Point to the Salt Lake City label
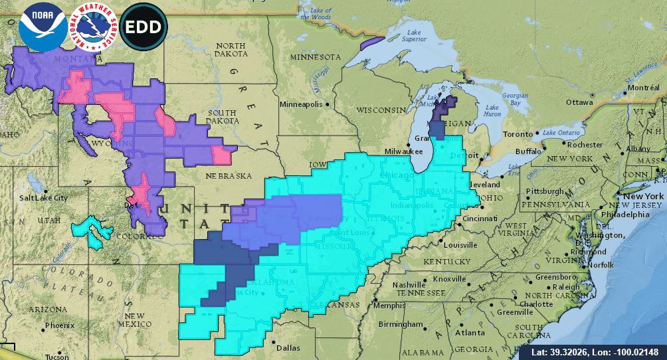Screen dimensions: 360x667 coord(43,198)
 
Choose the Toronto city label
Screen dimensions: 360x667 coord(518,134)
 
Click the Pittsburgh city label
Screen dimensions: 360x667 coord(545,191)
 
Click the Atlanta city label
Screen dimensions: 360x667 coord(470,332)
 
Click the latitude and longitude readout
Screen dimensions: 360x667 coord(599,351)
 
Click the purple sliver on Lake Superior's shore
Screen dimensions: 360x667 coord(372,44)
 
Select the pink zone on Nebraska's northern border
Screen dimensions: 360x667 coord(221,155)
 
